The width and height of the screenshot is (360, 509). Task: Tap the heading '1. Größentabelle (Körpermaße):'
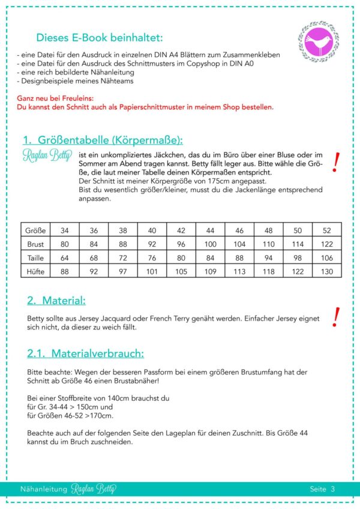point(103,140)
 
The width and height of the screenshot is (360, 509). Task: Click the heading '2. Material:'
point(56,300)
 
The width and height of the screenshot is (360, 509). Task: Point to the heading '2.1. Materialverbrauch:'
point(86,354)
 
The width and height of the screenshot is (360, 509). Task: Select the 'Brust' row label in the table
point(35,244)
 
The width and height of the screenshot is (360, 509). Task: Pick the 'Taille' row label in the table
point(35,258)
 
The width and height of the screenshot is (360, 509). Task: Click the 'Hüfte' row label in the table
point(35,271)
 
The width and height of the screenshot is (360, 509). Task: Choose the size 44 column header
point(211,230)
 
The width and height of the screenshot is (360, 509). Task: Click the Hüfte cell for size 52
point(326,271)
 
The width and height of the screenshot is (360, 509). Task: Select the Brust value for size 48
point(268,244)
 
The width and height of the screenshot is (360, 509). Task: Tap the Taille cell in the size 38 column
point(123,258)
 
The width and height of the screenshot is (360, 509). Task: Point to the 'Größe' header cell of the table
point(35,230)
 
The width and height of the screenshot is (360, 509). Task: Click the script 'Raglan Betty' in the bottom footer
point(94,489)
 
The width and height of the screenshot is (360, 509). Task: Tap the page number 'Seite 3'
point(322,489)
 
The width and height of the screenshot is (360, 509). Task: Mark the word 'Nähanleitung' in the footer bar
point(43,489)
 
